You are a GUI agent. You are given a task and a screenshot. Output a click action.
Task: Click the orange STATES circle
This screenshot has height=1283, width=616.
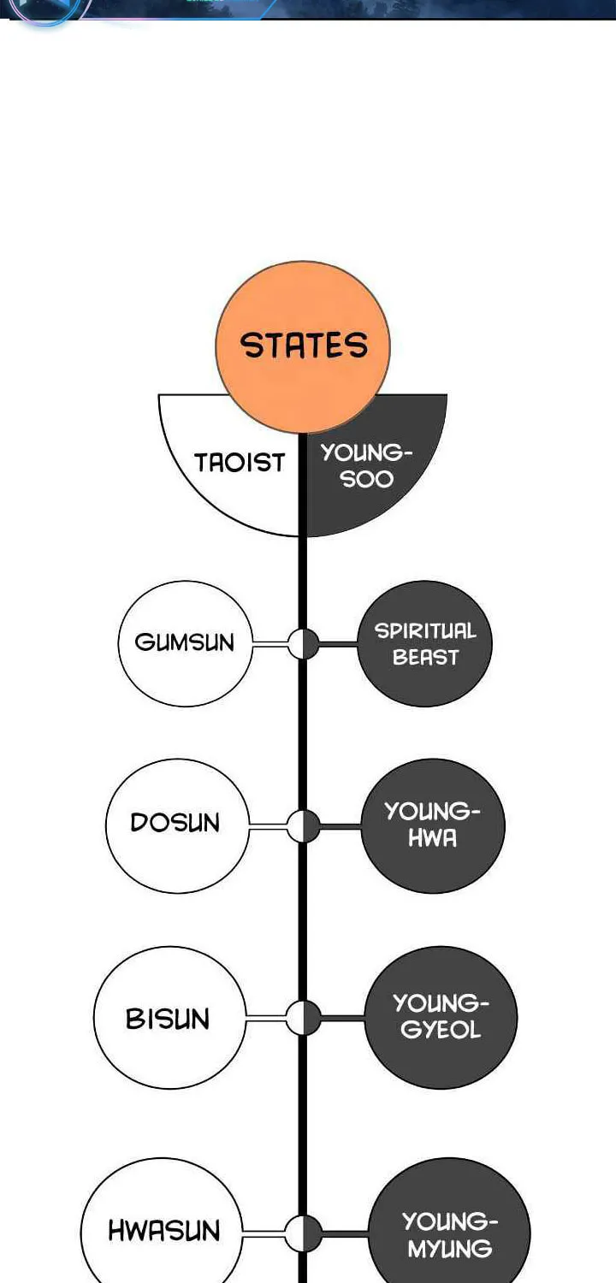coord(303,346)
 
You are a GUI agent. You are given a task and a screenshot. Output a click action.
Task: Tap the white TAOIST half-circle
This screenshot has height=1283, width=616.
coord(235,464)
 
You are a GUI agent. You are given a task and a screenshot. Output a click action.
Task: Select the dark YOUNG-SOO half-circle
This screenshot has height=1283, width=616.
coord(372,464)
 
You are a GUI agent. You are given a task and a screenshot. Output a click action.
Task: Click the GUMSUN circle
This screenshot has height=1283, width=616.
coord(185,643)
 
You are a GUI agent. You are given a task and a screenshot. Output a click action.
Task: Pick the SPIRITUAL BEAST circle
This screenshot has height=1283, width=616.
coord(424,643)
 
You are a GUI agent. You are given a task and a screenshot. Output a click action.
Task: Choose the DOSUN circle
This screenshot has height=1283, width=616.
coord(178,825)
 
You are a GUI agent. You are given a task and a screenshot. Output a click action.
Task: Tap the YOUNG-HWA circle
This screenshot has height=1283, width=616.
coord(433,825)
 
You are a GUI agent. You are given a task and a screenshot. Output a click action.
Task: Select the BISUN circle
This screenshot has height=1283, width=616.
coord(169,1017)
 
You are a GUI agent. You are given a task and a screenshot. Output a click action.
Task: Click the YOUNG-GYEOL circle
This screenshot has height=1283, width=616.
coord(441,1017)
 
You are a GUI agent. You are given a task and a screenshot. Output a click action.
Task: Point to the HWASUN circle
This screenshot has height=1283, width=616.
coord(162,1226)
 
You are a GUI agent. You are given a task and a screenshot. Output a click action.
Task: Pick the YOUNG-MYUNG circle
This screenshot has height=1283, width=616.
coord(449,1226)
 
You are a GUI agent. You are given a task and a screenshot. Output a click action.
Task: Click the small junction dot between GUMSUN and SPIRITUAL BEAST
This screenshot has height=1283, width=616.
coord(303,644)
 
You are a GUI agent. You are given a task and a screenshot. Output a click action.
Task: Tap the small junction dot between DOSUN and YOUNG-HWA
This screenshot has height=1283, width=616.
coord(303,826)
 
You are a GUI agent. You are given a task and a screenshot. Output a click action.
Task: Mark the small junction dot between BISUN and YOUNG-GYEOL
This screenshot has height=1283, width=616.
coord(303,1018)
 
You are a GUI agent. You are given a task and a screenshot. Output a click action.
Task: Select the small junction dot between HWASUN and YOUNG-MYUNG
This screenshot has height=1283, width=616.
coord(303,1233)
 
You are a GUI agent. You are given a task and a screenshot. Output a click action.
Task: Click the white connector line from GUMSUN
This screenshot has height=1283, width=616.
coord(269,644)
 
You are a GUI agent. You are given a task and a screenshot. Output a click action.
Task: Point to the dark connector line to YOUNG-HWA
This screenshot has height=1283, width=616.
coord(340,826)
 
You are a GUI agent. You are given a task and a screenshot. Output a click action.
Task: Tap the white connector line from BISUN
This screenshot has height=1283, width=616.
coord(266,1018)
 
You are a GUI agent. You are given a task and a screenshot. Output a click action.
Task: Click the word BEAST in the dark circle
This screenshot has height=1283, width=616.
coord(425,657)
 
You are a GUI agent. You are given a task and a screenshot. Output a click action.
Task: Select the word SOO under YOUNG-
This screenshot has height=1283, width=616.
coord(367,479)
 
